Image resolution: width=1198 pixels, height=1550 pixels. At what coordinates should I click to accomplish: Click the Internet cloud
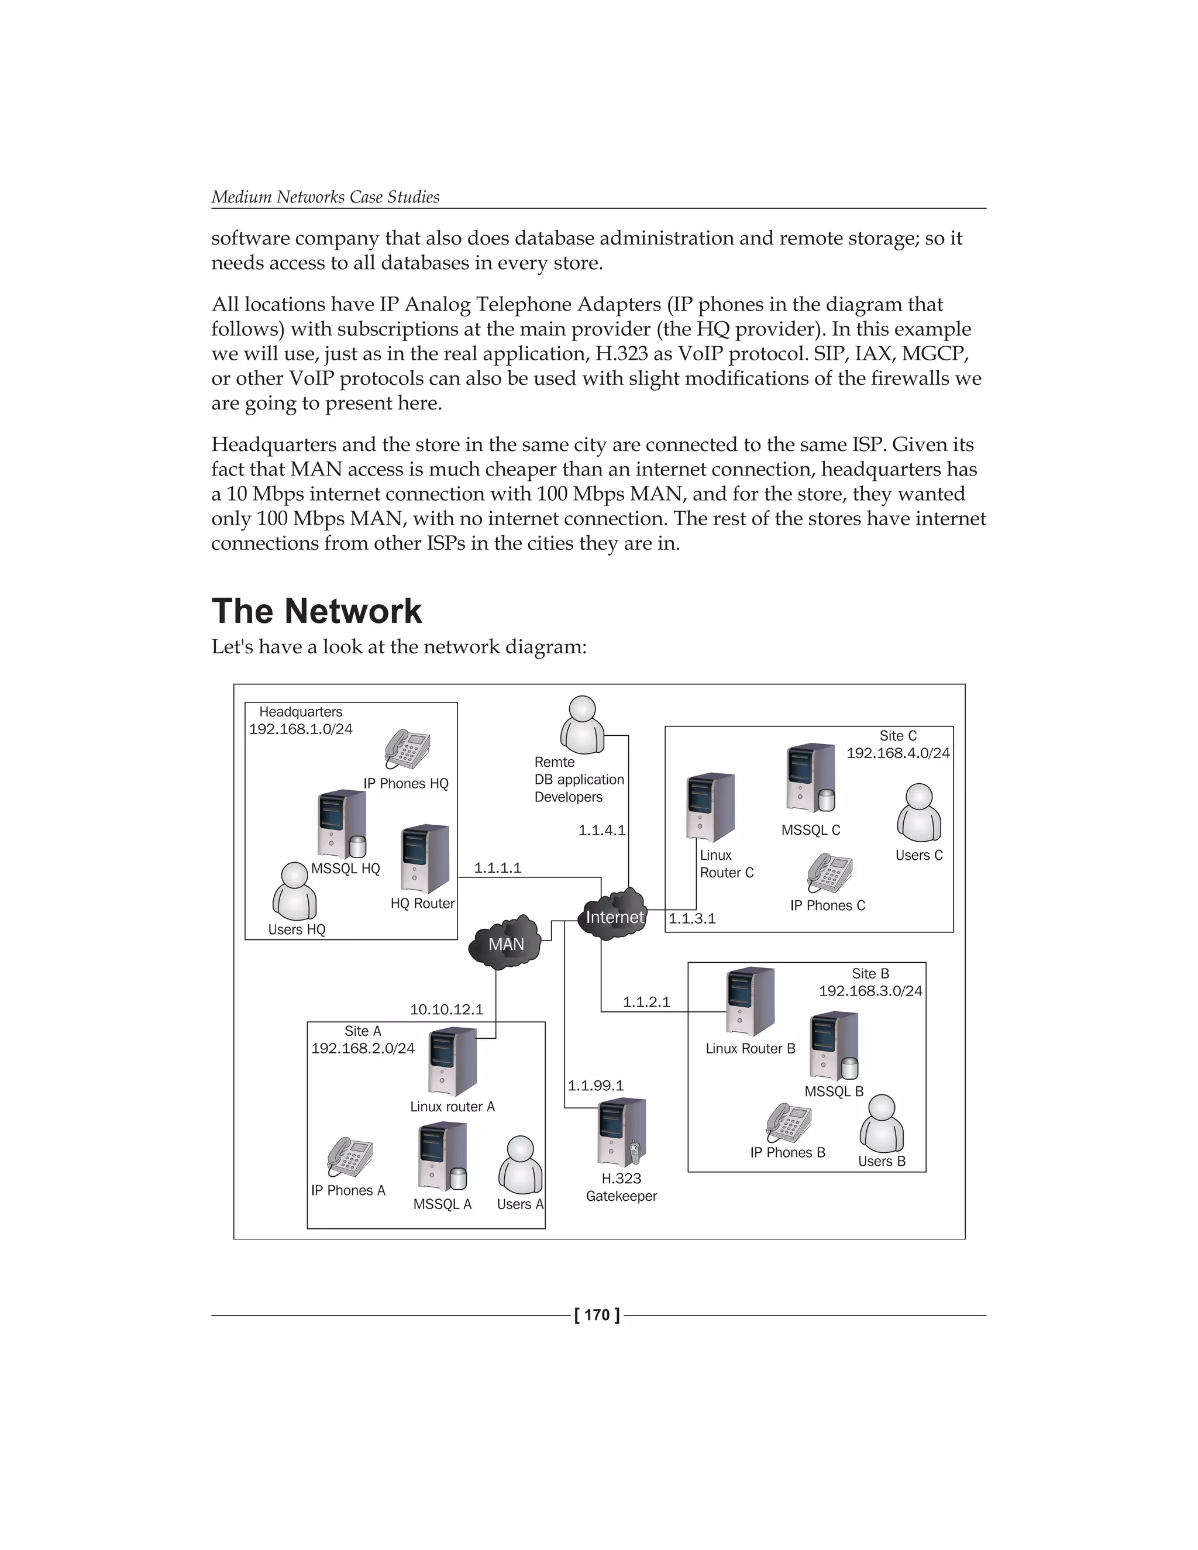pos(614,915)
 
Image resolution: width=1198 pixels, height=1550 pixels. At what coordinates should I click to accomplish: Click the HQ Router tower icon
pos(425,858)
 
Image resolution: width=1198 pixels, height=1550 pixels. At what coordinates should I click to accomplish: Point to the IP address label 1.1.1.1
pos(498,867)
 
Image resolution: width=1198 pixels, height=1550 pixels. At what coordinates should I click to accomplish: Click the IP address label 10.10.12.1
pos(446,1009)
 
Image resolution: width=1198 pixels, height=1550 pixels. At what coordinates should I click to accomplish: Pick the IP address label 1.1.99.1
pos(595,1085)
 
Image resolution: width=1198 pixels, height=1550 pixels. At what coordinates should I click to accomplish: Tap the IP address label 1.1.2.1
pos(646,1001)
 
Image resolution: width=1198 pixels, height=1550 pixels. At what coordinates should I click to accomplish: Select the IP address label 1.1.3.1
pos(692,918)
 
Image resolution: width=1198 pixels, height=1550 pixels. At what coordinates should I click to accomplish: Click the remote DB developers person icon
pos(583,725)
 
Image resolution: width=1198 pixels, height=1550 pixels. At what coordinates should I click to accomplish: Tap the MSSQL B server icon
pos(834,1045)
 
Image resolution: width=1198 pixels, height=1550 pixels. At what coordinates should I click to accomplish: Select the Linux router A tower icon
pos(453,1062)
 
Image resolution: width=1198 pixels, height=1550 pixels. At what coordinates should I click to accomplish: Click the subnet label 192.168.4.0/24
pos(898,753)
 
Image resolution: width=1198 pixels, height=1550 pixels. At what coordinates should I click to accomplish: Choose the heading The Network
pos(316,611)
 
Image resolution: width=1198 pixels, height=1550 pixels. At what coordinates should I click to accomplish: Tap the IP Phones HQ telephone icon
pos(407,749)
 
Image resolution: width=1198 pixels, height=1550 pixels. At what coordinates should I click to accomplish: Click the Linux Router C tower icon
pos(710,808)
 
